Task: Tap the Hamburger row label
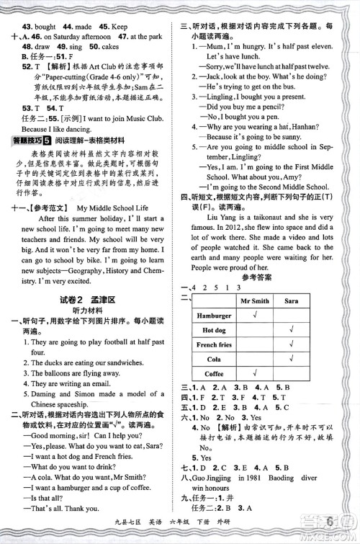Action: click(214, 315)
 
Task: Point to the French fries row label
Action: click(214, 344)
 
